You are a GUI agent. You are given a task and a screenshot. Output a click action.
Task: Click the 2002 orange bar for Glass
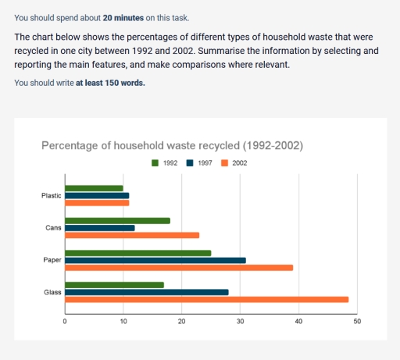207,299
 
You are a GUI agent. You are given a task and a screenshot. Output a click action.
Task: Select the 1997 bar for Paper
155,260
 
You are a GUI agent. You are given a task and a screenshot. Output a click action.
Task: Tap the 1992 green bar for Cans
117,221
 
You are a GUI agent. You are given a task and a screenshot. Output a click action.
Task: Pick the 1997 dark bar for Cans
100,228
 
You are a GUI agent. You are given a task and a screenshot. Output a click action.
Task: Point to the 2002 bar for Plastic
97,202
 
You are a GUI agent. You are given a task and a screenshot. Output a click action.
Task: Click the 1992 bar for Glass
114,285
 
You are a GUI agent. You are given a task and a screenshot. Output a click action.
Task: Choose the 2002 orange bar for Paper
179,267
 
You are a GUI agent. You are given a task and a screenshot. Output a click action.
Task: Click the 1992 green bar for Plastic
94,188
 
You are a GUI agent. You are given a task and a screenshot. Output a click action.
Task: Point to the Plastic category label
52,195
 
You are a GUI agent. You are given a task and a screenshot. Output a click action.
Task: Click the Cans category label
54,228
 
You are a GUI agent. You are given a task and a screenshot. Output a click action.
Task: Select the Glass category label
53,292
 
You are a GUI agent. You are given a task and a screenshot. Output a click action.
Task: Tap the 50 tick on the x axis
357,321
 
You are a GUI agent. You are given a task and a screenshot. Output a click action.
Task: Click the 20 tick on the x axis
182,321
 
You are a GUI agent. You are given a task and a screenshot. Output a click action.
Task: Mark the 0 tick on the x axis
65,321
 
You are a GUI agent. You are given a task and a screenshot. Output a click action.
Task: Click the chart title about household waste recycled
172,145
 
